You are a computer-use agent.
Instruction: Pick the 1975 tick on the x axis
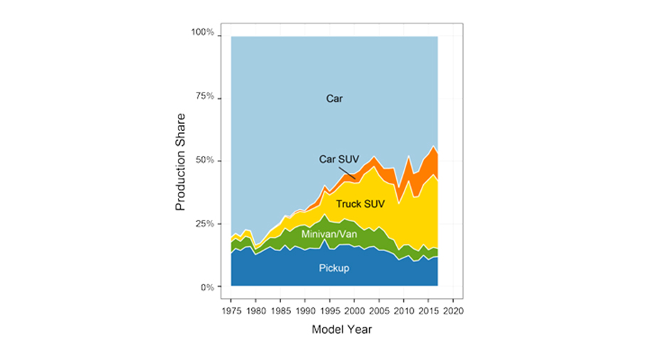click(x=231, y=311)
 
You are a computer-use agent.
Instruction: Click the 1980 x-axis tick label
click(x=256, y=311)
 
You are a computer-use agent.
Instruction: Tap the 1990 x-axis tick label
click(x=305, y=311)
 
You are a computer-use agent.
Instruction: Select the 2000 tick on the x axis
click(x=355, y=311)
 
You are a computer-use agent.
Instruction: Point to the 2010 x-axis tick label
click(x=404, y=311)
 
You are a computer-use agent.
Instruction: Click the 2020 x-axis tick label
click(x=453, y=311)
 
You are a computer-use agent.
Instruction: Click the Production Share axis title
click(x=181, y=161)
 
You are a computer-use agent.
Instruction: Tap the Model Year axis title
click(x=341, y=330)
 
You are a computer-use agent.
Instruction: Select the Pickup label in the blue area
click(x=334, y=268)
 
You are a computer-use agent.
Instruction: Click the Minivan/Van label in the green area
click(x=329, y=233)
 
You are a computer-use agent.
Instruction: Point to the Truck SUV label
click(x=361, y=203)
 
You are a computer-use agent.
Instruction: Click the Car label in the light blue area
click(x=334, y=99)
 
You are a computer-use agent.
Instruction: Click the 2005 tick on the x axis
click(x=379, y=311)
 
